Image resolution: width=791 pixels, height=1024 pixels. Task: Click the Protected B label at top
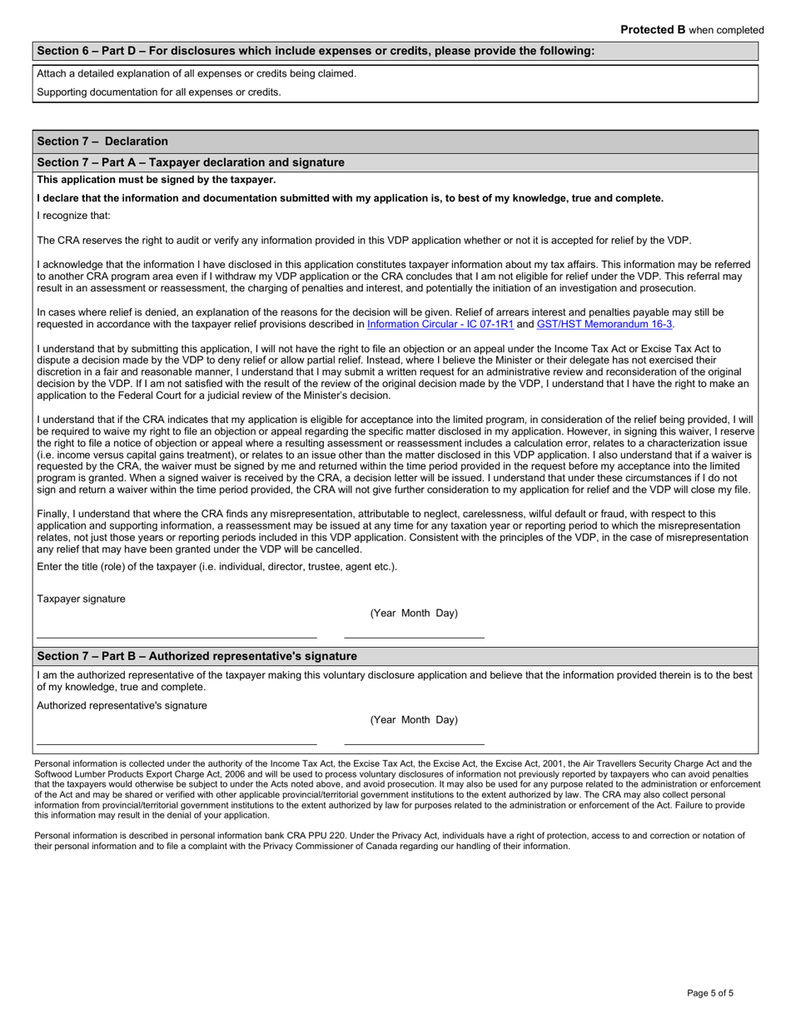692,30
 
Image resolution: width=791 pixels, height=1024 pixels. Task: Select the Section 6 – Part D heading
316,51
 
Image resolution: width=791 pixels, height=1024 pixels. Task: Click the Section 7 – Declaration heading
102,142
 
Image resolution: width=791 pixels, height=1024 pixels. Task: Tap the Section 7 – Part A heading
191,162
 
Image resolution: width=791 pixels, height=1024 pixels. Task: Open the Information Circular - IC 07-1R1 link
440,324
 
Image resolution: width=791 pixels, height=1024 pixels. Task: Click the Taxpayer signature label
82,599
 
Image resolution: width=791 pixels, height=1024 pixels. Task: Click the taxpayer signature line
177,635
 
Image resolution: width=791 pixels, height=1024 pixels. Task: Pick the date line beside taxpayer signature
414,635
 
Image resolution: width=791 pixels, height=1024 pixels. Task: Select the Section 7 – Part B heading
197,656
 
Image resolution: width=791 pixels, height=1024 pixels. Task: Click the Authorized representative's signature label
122,705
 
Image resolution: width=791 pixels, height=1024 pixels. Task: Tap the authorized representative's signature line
177,742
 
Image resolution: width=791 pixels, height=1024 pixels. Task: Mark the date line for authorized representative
414,742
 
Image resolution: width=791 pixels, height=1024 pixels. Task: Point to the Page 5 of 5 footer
710,993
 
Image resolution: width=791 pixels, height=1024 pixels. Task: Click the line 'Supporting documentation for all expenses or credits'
159,92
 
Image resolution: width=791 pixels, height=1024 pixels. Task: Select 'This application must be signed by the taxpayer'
157,180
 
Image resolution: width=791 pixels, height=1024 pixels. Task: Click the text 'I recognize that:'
73,216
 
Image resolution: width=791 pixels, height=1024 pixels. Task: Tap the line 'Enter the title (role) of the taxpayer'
217,567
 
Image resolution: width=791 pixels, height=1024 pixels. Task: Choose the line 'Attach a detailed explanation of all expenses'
197,73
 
